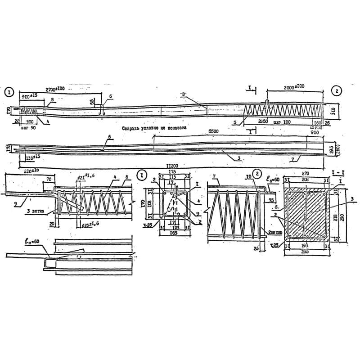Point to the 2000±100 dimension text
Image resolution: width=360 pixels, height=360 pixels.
294,86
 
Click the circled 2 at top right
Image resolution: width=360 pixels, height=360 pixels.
338,91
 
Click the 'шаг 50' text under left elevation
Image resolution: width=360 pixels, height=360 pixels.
28,127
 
